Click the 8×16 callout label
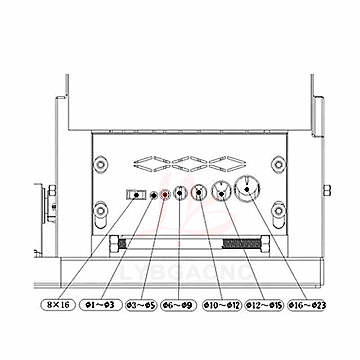(x=58, y=305)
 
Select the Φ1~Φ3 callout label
(x=100, y=305)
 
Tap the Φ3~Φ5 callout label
(x=141, y=306)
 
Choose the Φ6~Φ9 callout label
(x=178, y=306)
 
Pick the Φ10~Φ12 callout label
(x=222, y=306)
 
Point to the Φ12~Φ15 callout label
(x=264, y=306)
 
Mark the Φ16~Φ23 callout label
(x=307, y=306)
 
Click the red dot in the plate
(x=165, y=195)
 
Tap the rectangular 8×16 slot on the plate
(x=136, y=195)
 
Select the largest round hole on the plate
(x=247, y=189)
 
